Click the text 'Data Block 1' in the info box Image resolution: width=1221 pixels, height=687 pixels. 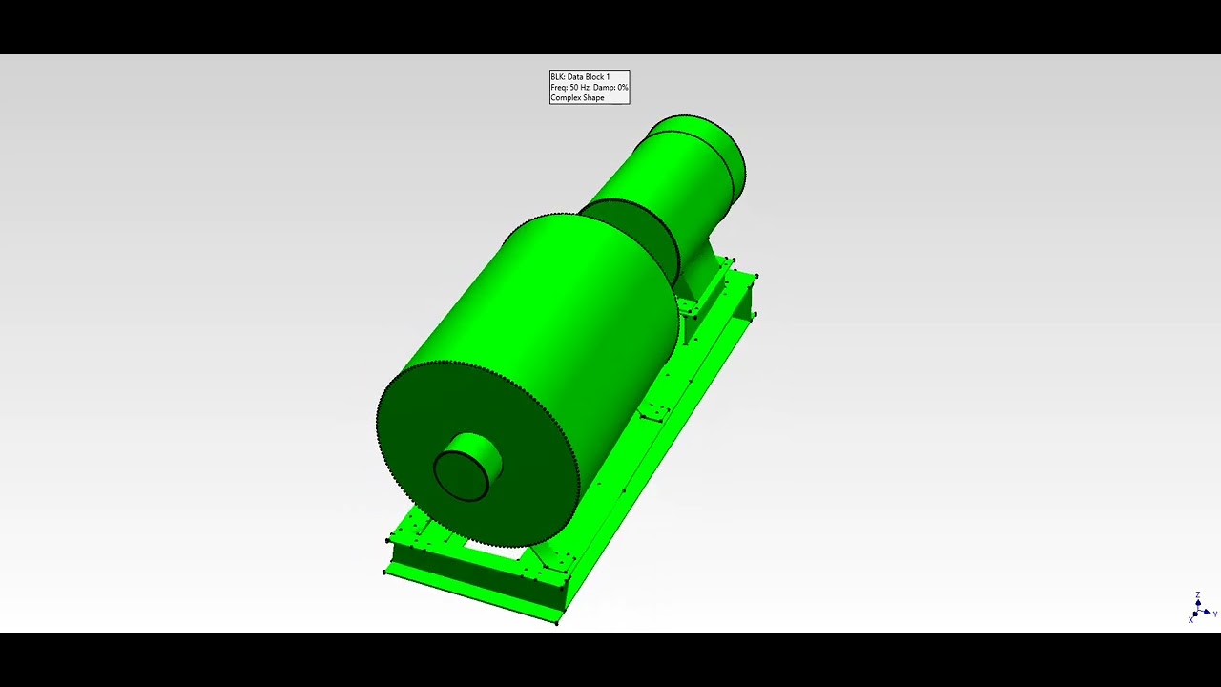588,77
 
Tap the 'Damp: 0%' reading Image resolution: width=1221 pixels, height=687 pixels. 610,88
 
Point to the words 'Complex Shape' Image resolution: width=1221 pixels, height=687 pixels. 577,98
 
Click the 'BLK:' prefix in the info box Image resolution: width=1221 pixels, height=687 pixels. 557,77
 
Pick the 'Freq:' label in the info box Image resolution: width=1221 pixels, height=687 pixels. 559,88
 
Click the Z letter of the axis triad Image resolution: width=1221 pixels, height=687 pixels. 1198,595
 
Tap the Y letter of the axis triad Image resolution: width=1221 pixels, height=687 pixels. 1214,614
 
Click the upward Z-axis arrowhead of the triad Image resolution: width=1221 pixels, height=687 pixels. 1198,602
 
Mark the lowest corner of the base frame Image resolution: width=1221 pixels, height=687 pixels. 558,621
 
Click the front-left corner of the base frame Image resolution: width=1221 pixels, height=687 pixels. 385,572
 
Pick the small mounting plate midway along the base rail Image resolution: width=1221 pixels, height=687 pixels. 654,412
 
